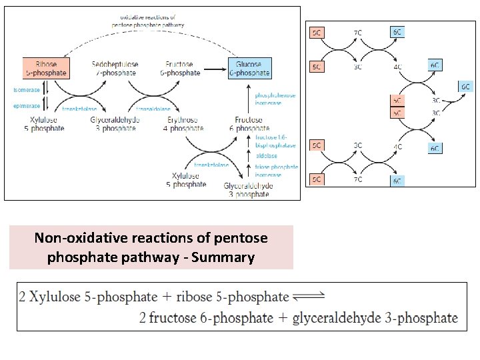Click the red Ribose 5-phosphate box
click(x=46, y=68)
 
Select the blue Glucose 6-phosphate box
click(x=249, y=68)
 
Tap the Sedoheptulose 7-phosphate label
click(x=114, y=68)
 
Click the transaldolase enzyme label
click(x=153, y=109)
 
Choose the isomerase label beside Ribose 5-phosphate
click(x=27, y=90)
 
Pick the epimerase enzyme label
click(x=27, y=105)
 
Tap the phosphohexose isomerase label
click(x=275, y=99)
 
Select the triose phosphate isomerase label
click(x=276, y=171)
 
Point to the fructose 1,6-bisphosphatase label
click(x=275, y=141)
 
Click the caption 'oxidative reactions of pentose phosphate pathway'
click(x=148, y=20)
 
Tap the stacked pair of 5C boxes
click(x=397, y=106)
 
